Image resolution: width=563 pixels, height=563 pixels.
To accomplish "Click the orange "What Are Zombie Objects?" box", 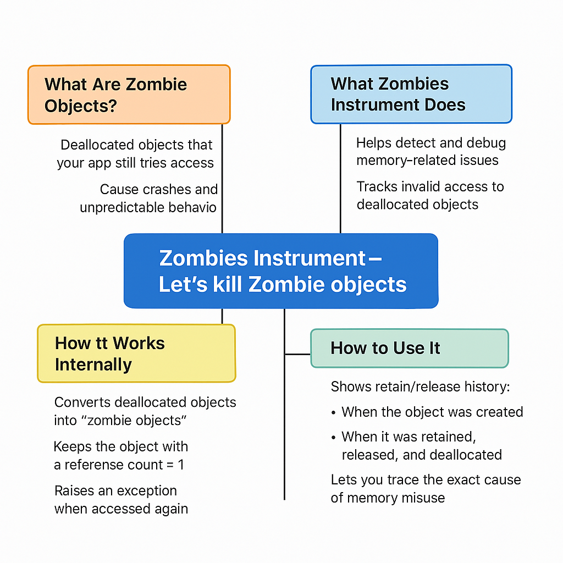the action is (129, 95).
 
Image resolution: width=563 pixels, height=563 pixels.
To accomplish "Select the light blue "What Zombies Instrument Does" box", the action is (411, 94).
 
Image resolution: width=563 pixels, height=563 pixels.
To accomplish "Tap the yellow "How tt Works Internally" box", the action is (136, 354).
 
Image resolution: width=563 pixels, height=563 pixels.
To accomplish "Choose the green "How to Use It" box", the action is (409, 348).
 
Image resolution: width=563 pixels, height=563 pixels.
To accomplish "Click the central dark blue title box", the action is (281, 271).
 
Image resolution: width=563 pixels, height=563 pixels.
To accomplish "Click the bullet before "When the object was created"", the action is (334, 412).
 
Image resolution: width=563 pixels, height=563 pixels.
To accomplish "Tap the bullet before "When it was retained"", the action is (334, 437).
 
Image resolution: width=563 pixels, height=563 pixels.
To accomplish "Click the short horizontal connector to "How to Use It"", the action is (297, 354).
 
